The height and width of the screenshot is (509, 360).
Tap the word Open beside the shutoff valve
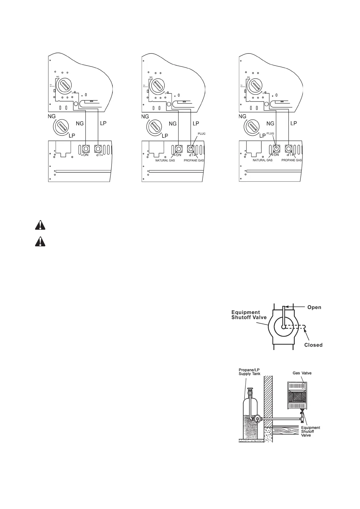314,307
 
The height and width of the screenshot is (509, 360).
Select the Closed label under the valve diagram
313,345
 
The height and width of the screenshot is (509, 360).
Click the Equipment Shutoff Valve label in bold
249,315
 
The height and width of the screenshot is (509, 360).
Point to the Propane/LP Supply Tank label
249,372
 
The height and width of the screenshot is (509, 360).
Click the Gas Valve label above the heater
302,373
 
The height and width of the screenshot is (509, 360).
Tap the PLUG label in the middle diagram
201,133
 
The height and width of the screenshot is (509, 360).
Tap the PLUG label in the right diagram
270,133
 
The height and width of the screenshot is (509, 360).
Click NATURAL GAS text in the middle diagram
165,160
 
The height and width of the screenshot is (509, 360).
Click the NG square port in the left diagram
86,149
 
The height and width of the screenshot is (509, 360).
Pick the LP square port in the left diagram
98,149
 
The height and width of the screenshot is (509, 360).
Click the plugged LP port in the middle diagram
191,149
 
